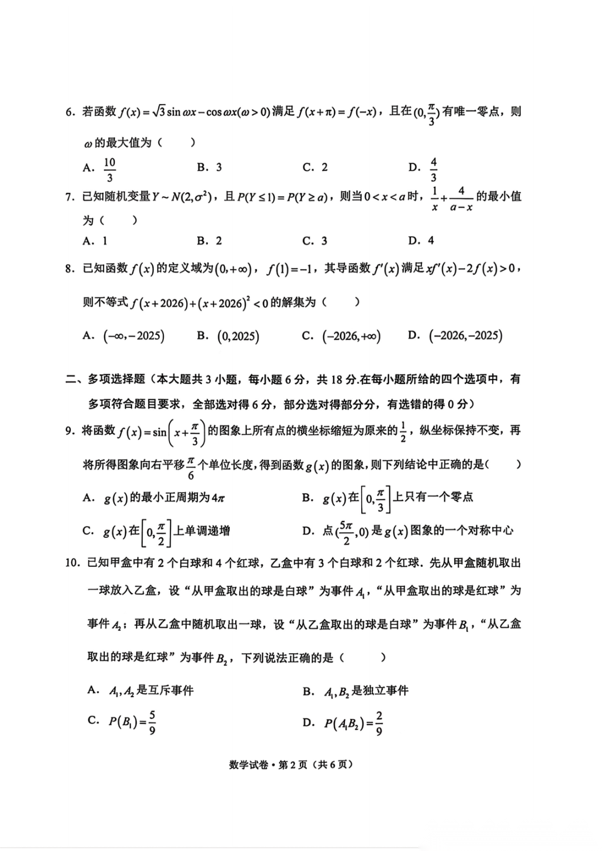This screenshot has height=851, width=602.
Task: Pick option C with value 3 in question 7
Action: click(315, 241)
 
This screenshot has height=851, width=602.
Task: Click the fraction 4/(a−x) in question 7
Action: click(461, 198)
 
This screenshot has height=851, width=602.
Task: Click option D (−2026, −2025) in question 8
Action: click(455, 335)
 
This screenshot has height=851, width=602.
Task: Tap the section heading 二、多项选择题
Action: click(106, 380)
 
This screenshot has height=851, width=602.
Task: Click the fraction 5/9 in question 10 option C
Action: click(152, 722)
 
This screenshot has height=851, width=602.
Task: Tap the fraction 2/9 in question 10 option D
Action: click(379, 723)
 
